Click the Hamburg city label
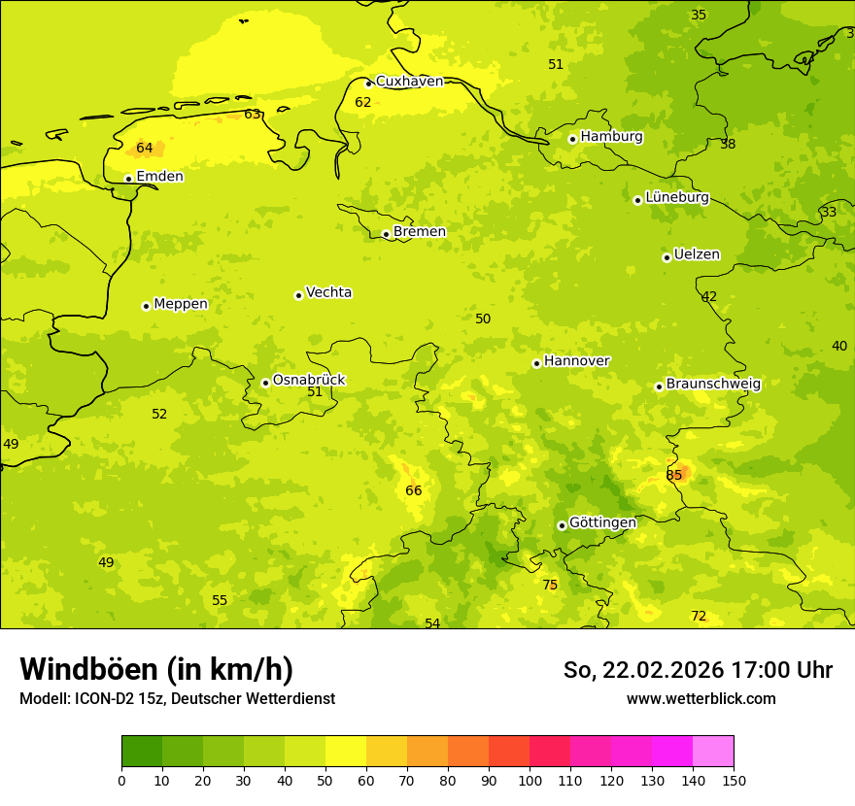[x=611, y=137]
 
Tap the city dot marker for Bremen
[x=386, y=234]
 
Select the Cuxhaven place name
[x=409, y=82]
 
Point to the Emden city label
[x=159, y=177]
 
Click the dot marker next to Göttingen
[x=562, y=525]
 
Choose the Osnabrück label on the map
[x=309, y=381]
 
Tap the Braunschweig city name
[x=713, y=385]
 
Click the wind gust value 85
[x=674, y=475]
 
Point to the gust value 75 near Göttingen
[x=550, y=585]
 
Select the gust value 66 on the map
[x=414, y=490]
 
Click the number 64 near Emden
[x=145, y=148]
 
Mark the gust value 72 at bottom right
[x=699, y=616]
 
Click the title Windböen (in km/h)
[x=156, y=669]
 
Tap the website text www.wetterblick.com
[x=701, y=698]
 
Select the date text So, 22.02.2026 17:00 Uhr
[x=698, y=670]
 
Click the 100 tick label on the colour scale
[x=530, y=780]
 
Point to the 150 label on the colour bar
[x=734, y=780]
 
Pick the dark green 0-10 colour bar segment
[x=142, y=752]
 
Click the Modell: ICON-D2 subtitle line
[x=177, y=698]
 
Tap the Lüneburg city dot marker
[x=637, y=200]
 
